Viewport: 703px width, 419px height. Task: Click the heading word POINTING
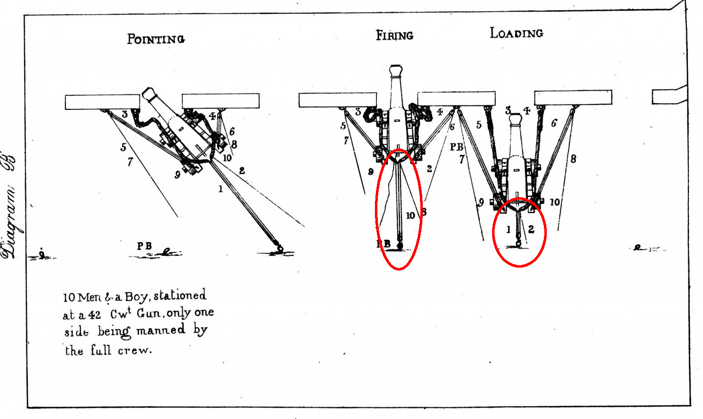156,39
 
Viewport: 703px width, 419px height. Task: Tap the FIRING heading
394,35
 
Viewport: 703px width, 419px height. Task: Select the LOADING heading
516,33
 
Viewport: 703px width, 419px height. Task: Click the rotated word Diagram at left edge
11,215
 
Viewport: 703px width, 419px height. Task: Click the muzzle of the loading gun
516,119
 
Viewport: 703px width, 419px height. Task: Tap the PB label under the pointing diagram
144,246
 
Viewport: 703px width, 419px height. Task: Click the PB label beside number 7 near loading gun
456,147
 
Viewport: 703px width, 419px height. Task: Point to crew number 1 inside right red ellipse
508,229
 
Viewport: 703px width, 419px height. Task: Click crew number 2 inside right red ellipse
531,229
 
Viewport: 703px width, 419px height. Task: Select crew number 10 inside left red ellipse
410,215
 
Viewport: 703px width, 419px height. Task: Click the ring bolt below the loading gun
518,243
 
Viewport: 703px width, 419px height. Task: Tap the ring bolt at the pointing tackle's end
278,246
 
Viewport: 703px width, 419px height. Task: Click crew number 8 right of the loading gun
573,158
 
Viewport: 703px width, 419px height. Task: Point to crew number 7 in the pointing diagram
130,162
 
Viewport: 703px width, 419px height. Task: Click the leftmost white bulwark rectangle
102,102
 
